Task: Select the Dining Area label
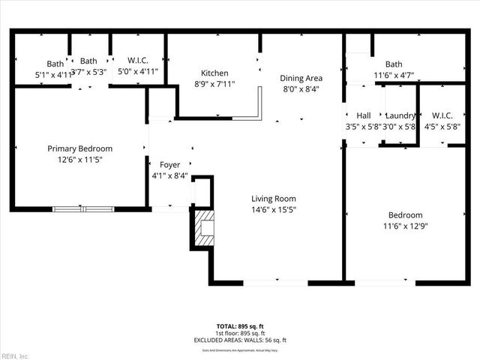click(301, 78)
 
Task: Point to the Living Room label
click(274, 199)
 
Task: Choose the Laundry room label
click(400, 115)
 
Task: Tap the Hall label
click(364, 115)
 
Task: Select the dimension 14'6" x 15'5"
click(274, 210)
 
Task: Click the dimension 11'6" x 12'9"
click(405, 225)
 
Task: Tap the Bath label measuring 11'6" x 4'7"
click(394, 64)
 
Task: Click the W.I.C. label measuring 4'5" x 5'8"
click(442, 115)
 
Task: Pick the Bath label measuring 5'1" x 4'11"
click(55, 64)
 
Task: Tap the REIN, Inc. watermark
click(15, 355)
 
